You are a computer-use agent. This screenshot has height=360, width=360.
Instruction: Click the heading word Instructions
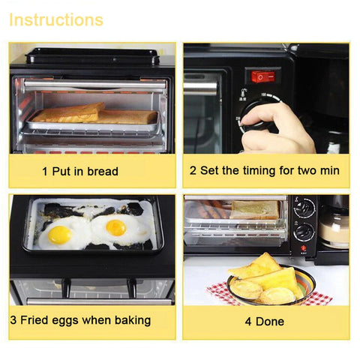56,19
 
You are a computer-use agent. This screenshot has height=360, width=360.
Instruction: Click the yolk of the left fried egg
60,234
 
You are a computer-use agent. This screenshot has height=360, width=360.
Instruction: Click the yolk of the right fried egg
116,226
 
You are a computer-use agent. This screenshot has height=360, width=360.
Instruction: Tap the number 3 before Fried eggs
13,320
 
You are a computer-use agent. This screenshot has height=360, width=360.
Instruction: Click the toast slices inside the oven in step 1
94,114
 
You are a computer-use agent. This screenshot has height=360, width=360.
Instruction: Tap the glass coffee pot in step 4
334,225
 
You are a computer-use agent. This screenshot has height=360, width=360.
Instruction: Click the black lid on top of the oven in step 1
92,56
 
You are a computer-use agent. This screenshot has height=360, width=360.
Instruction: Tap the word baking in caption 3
132,320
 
